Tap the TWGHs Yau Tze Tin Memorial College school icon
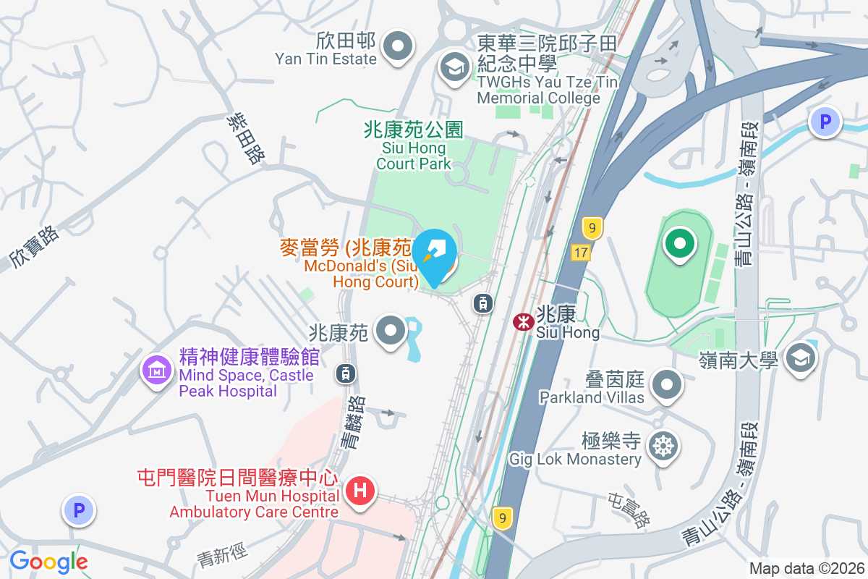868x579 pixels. pyautogui.click(x=454, y=67)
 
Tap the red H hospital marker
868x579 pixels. pyautogui.click(x=359, y=491)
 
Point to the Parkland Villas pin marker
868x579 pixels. pyautogui.click(x=667, y=384)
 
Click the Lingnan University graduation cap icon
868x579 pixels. pyautogui.click(x=800, y=358)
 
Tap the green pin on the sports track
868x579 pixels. pyautogui.click(x=679, y=244)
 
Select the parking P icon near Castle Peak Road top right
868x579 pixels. pyautogui.click(x=825, y=120)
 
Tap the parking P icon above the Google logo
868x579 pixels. pyautogui.click(x=79, y=511)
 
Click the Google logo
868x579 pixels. pyautogui.click(x=48, y=561)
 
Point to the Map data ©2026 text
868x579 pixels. pyautogui.click(x=806, y=568)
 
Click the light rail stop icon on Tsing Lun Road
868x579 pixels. pyautogui.click(x=346, y=374)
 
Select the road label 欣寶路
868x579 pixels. pyautogui.click(x=33, y=246)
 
